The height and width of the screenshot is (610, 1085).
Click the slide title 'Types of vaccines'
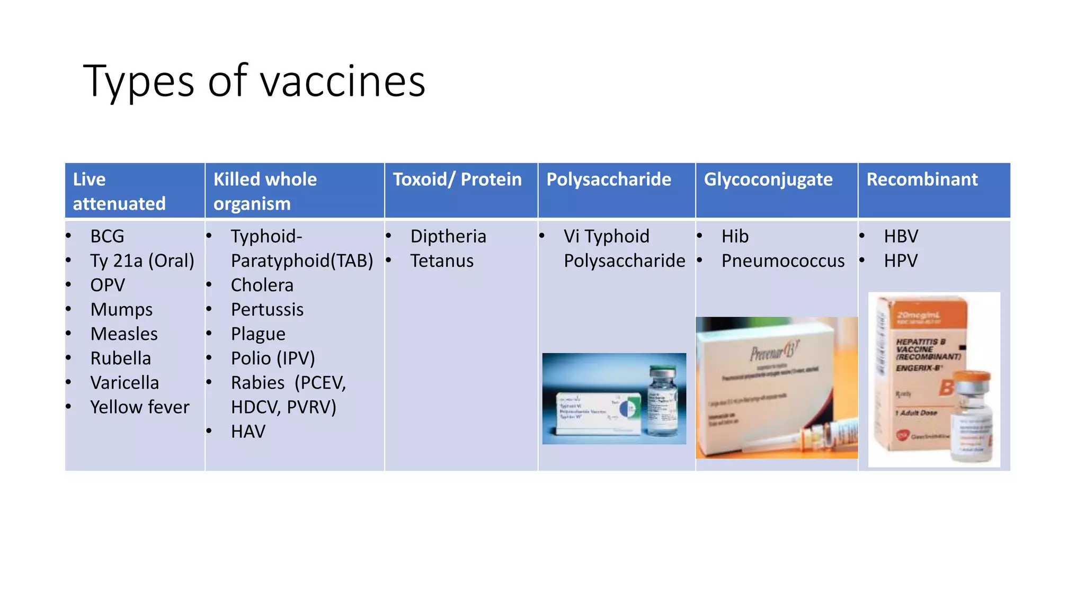point(254,81)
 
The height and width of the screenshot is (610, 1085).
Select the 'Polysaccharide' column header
point(608,180)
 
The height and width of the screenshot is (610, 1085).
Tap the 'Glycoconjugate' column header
point(768,180)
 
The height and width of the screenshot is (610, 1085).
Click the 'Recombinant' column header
point(922,180)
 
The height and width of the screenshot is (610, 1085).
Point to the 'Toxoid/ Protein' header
point(457,180)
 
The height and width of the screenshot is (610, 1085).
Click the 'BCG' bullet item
point(107,236)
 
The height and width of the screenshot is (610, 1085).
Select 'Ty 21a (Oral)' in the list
point(142,261)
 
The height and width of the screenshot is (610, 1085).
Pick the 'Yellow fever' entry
point(139,407)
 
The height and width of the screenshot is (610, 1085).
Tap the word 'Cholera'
point(262,285)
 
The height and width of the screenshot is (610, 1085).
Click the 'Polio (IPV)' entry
point(273,358)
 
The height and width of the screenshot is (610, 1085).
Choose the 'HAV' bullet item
point(248,432)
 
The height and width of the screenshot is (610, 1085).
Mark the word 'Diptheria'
point(448,236)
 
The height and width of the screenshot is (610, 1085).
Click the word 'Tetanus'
point(442,261)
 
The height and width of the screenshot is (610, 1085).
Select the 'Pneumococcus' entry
point(782,261)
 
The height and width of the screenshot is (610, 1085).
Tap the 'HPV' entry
point(901,261)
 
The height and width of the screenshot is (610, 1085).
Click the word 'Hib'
point(735,236)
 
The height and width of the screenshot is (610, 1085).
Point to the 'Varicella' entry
point(124,383)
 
